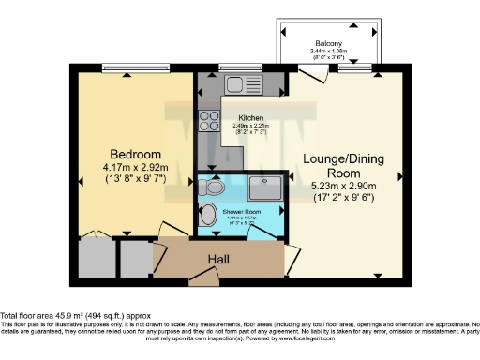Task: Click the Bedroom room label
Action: click(x=136, y=154)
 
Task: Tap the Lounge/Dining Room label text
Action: click(x=343, y=166)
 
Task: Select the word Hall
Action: click(x=218, y=259)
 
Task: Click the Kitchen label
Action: click(x=238, y=118)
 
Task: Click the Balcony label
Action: click(x=327, y=43)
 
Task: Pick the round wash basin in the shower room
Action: click(x=209, y=214)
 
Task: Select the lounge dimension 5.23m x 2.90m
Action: click(x=343, y=187)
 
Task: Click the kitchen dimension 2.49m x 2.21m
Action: click(x=238, y=126)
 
